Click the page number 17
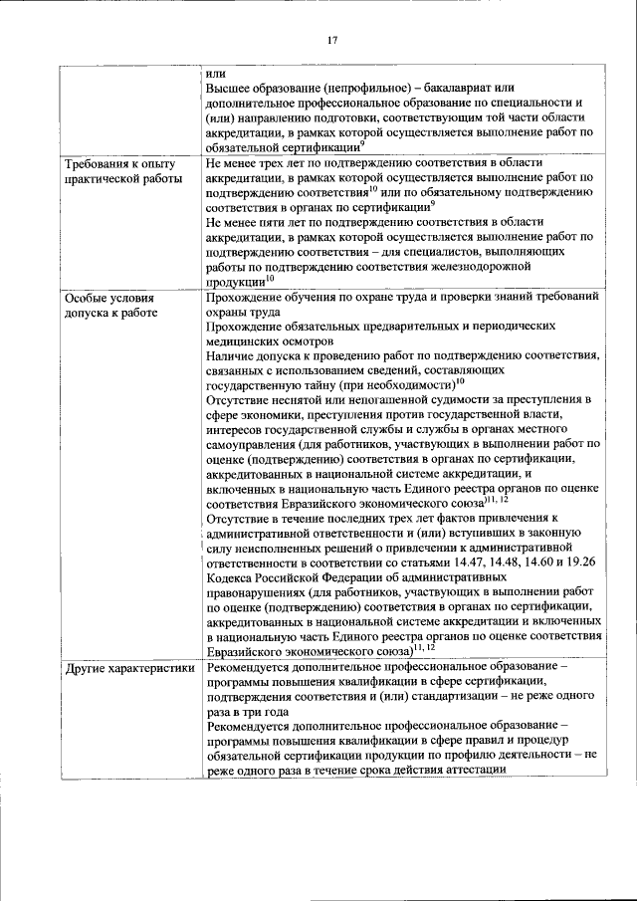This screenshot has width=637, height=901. [x=333, y=40]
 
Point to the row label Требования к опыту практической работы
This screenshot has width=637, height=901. [x=120, y=171]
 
